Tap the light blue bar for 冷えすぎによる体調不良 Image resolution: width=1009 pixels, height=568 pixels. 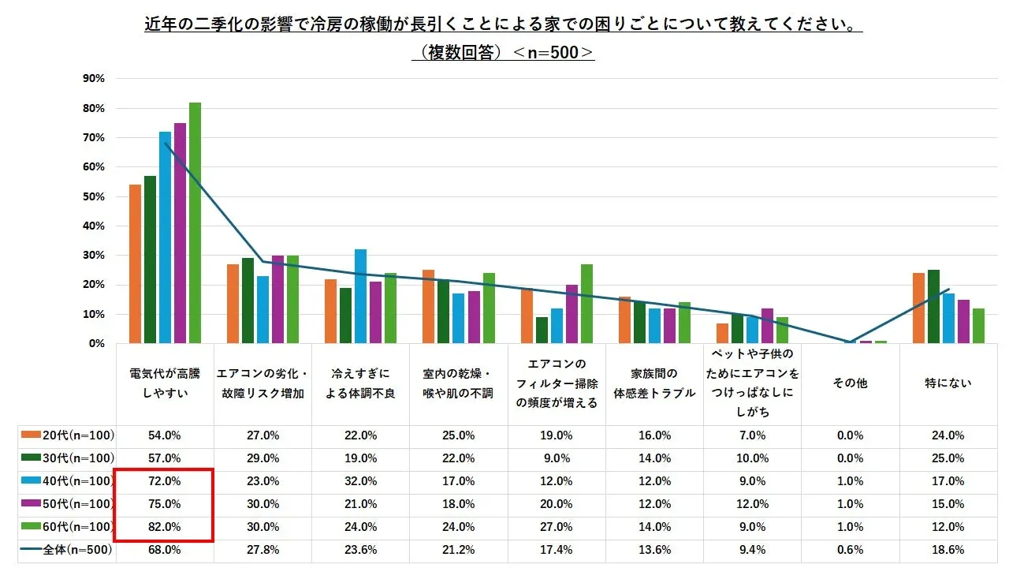tap(360, 297)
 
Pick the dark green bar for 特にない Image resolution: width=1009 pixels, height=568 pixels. tap(933, 307)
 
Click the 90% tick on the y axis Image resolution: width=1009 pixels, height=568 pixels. tap(94, 79)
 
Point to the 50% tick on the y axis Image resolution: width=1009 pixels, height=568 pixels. tap(94, 196)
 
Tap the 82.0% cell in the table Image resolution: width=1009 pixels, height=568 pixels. tap(165, 527)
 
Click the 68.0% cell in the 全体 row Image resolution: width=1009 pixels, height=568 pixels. tap(165, 550)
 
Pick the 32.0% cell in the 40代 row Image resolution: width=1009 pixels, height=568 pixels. tap(360, 481)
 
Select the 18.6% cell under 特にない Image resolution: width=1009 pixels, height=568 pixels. tap(948, 550)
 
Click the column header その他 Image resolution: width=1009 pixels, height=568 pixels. tap(850, 383)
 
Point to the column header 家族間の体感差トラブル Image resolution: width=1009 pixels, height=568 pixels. tap(654, 383)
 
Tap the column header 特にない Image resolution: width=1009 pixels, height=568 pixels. tap(948, 383)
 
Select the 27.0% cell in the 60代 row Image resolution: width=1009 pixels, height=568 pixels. tap(557, 527)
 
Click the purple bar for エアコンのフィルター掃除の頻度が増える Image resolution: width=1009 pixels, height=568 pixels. tap(572, 314)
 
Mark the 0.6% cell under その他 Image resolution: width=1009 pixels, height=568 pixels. tap(850, 550)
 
